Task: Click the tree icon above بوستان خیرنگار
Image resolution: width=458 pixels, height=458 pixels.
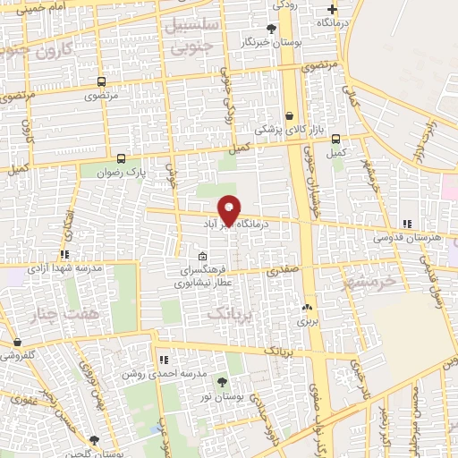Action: click(x=272, y=29)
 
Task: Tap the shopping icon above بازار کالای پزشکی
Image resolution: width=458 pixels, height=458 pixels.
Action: click(x=289, y=115)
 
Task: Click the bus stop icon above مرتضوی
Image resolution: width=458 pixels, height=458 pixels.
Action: click(x=101, y=81)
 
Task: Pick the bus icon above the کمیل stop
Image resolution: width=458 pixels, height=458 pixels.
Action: click(x=336, y=139)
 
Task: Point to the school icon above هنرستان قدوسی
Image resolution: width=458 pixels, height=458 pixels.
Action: click(x=408, y=224)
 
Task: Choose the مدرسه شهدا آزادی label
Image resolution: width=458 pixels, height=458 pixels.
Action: click(x=64, y=267)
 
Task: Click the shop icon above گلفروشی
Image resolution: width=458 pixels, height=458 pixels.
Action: click(x=18, y=342)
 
